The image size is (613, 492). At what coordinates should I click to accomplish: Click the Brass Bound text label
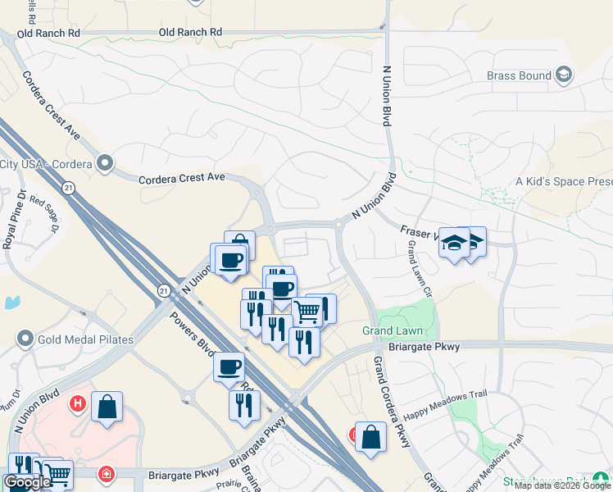coord(519,76)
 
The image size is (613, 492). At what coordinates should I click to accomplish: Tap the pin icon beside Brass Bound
coord(563,75)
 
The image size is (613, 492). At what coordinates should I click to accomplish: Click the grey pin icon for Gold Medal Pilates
coord(25,338)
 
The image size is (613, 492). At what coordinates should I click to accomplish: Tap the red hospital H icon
coord(78,403)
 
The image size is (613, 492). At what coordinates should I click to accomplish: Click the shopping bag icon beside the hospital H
coord(107,406)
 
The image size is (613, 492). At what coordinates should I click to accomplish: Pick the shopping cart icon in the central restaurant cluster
coord(306,311)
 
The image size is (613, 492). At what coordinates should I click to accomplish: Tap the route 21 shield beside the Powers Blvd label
coord(164,290)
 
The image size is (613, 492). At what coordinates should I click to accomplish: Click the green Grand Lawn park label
coord(393,331)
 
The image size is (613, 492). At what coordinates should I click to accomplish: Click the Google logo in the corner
coord(28,482)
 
